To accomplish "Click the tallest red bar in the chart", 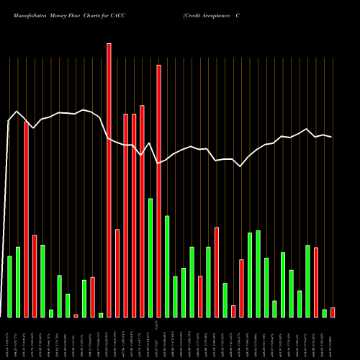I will (109, 180).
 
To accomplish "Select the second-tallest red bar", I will (158, 191).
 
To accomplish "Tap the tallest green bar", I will (150, 258).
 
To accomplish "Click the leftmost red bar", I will (26, 220).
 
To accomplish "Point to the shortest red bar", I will (76, 316).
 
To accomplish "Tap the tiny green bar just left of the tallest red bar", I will (101, 315).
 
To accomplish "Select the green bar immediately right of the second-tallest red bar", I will (167, 266).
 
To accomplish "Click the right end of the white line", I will (331, 137).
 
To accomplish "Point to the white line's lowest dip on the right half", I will (240, 166).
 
